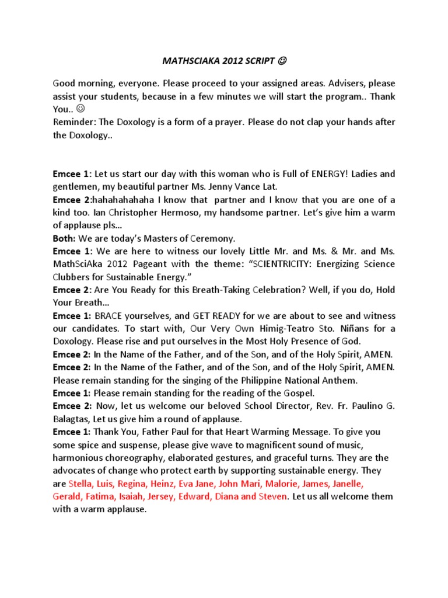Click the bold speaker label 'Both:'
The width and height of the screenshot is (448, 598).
(64, 238)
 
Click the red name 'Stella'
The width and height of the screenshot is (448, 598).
(81, 484)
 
